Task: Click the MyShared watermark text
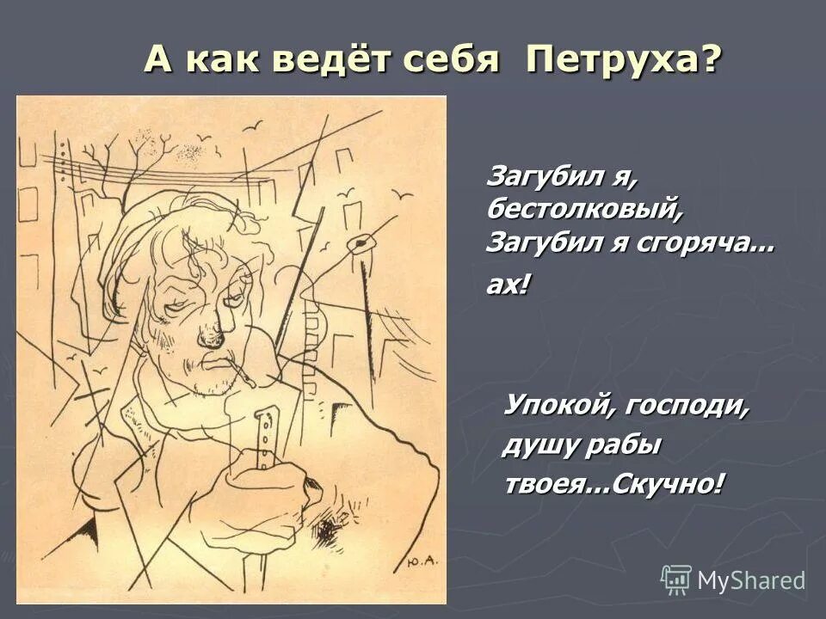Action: [x=750, y=580]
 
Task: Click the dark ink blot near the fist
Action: [x=326, y=530]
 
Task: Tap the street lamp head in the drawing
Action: [x=359, y=244]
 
